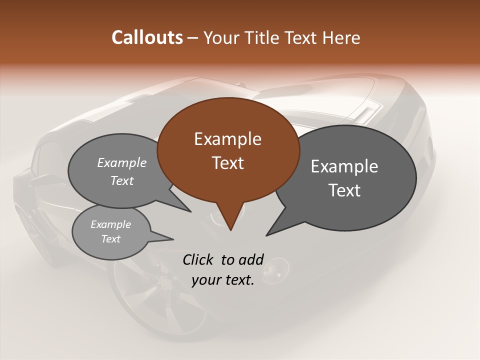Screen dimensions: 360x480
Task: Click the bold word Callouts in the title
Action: pos(147,37)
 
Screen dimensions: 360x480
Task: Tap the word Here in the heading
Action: pos(341,37)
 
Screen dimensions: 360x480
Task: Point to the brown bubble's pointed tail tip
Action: pos(230,230)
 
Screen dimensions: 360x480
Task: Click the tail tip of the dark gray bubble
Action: pos(266,235)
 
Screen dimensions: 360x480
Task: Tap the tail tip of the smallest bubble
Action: pos(173,238)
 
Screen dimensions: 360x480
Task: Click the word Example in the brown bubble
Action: pos(228,139)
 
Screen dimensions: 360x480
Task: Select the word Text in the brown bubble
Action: pos(228,163)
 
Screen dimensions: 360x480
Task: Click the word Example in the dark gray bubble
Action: pos(344,166)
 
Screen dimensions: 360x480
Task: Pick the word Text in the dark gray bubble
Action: pos(344,190)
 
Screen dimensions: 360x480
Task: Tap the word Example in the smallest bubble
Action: pos(110,224)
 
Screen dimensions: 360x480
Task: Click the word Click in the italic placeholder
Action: pos(198,259)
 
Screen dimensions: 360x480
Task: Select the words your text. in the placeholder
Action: pos(223,280)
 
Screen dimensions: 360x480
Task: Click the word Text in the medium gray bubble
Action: pos(122,180)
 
